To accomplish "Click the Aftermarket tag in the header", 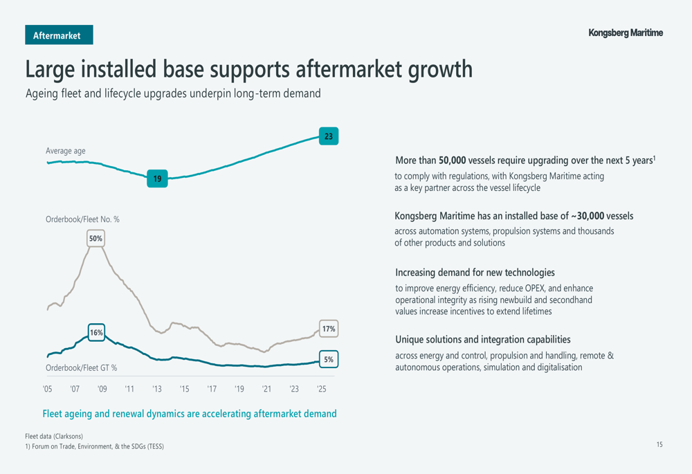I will [59, 35].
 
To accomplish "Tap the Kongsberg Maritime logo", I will [625, 33].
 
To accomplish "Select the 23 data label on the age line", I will [328, 136].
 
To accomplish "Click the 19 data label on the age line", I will [157, 179].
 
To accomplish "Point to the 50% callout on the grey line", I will [95, 239].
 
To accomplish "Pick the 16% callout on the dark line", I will [96, 333].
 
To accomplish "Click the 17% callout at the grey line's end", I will [329, 329].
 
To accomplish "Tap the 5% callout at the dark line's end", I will [329, 360].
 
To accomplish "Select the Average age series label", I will [66, 151].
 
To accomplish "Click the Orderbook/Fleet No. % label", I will [82, 219].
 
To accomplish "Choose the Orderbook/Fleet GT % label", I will [81, 368].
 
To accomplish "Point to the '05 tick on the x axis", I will [47, 390].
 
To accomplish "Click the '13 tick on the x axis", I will [157, 390].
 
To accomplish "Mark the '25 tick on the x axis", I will [322, 390].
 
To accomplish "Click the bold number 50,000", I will [452, 161].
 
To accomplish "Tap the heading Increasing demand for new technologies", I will [475, 273].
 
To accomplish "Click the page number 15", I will [659, 445].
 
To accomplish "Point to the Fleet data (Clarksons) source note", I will [54, 436].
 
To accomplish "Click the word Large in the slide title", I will [50, 70].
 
